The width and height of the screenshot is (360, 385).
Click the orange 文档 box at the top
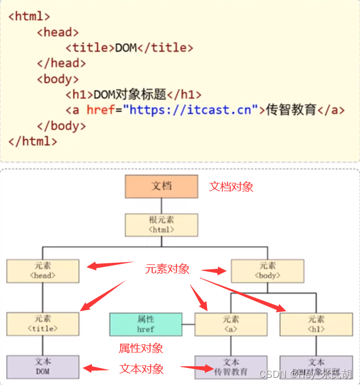(161, 186)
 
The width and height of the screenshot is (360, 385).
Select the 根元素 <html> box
(161, 225)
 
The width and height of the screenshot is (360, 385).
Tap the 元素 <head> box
(43, 270)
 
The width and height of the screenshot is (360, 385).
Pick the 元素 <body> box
(268, 270)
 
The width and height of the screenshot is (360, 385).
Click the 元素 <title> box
(43, 324)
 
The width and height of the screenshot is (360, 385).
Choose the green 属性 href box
(146, 324)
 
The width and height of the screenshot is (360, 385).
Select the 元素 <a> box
(231, 324)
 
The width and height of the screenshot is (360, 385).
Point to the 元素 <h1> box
(316, 324)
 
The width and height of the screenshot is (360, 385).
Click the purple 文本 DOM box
(43, 366)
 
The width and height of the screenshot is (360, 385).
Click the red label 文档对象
(231, 187)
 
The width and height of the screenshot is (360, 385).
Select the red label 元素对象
(167, 269)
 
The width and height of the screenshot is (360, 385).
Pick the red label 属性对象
(141, 348)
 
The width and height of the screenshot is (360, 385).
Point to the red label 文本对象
(141, 368)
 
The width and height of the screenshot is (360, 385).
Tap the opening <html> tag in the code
(29, 16)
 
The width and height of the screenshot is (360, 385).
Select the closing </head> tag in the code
(62, 63)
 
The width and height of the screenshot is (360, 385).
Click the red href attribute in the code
(101, 110)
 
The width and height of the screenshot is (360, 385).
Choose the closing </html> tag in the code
(33, 141)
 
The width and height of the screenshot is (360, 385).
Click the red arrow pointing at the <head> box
(110, 265)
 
